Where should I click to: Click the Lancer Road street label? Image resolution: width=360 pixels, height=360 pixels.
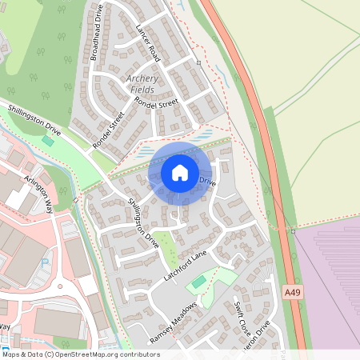point(148,44)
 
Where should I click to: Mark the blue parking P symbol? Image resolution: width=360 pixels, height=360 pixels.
point(45,262)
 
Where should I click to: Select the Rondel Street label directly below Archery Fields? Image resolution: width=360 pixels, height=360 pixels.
point(155,104)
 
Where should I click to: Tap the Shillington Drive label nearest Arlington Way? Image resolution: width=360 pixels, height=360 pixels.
point(34,119)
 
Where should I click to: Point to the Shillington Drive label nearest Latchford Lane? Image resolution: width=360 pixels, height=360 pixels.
point(144,222)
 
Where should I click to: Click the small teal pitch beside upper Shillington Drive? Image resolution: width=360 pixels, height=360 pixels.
point(48,141)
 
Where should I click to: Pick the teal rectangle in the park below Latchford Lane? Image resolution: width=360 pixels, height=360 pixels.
point(198,282)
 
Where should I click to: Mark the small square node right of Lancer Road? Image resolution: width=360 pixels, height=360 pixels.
point(198,61)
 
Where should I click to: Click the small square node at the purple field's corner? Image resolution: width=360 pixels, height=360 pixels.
point(294,230)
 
